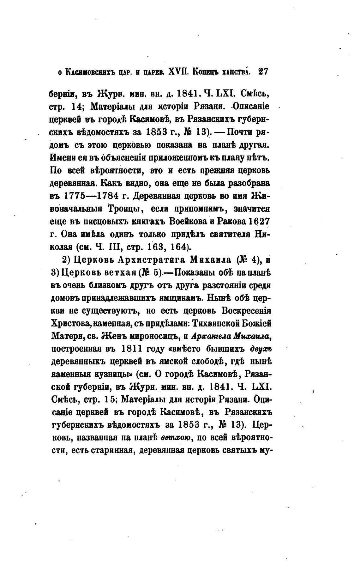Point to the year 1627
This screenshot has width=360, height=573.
[258, 222]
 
